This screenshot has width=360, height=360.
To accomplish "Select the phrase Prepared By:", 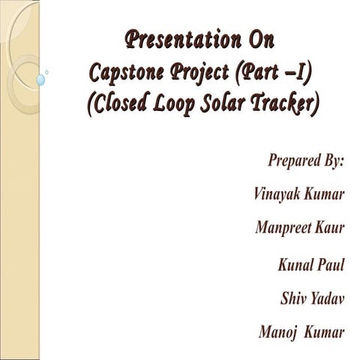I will coord(305,160).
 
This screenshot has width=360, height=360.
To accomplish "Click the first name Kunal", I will coord(294,265).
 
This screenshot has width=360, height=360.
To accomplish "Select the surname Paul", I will coord(330,265).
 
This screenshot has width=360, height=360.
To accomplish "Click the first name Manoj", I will coord(277,331).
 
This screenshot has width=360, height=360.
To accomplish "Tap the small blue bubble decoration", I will coord(40,79).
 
